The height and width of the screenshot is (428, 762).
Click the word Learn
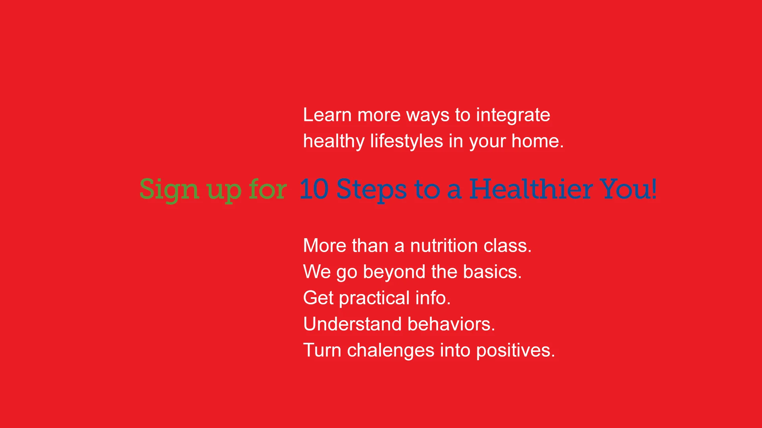tap(327, 115)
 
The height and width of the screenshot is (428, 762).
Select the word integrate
tap(513, 116)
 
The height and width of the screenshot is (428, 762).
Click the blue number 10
tap(314, 189)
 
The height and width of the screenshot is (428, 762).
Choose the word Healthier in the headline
tap(531, 189)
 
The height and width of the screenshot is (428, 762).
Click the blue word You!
tap(628, 189)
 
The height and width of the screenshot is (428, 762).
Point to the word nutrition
tap(444, 246)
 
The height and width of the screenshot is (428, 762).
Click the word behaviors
tap(451, 324)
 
